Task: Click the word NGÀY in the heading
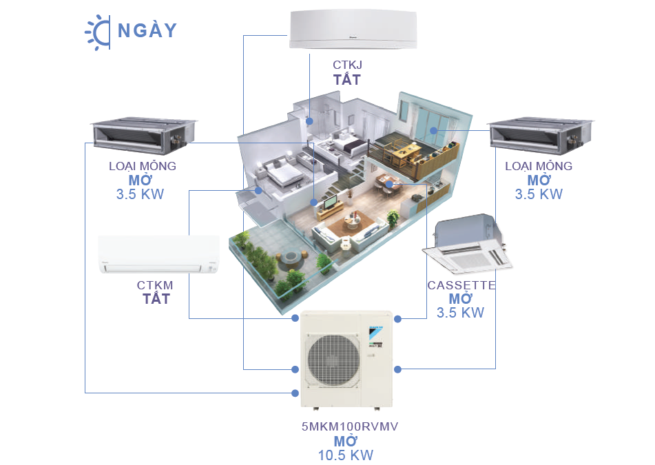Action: (147, 30)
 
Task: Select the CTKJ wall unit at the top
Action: (353, 29)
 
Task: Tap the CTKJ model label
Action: (347, 65)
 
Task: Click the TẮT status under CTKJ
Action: (346, 79)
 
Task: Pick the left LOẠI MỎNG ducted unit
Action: (143, 135)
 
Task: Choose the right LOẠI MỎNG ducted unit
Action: (541, 135)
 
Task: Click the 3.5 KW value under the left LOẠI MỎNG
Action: (140, 194)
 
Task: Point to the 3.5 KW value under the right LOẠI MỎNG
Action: (539, 194)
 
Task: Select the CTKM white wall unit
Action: (158, 254)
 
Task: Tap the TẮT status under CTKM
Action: (156, 299)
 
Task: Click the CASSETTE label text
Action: (461, 285)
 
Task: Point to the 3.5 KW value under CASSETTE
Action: (460, 313)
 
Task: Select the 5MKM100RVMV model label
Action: (350, 426)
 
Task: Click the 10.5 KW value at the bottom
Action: (346, 455)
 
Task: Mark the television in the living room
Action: (329, 203)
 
